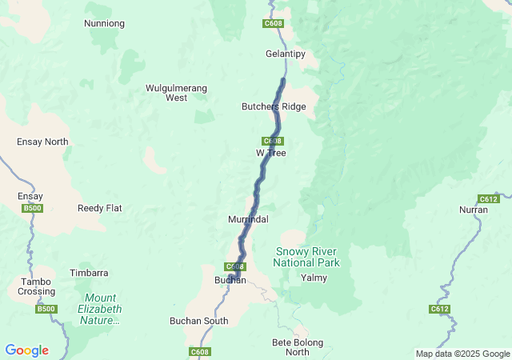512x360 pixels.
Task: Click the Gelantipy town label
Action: (x=286, y=54)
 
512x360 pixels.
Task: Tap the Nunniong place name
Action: (x=104, y=23)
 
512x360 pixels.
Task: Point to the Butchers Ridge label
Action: (x=274, y=106)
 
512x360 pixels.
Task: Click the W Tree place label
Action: (x=271, y=152)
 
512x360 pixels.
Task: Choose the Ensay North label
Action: (x=42, y=142)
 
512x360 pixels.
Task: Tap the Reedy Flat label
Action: (x=100, y=208)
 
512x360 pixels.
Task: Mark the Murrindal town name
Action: (x=248, y=218)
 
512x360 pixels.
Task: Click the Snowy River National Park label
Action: (x=306, y=257)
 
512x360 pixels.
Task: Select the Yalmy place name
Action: (x=313, y=278)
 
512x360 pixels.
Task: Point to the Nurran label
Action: (x=473, y=210)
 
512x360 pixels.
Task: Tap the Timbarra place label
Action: (x=89, y=273)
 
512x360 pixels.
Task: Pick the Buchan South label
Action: (x=198, y=321)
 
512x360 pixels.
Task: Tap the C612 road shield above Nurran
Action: (x=488, y=198)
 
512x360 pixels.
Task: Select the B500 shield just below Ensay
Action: (x=32, y=208)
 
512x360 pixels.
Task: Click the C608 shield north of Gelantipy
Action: (x=273, y=24)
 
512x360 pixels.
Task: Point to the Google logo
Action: (x=26, y=350)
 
